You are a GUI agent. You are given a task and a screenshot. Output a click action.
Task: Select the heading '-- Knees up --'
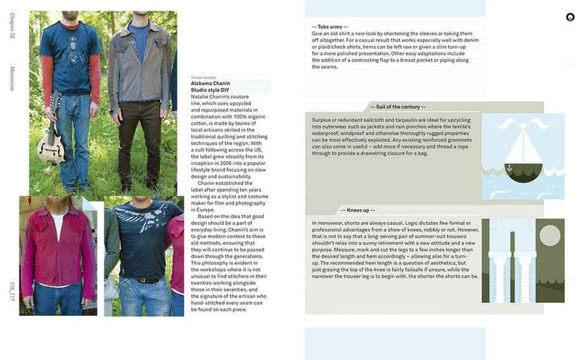[x=358, y=210]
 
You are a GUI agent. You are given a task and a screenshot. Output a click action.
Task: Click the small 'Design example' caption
[x=201, y=77]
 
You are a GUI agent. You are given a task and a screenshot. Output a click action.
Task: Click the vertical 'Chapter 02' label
[x=12, y=28]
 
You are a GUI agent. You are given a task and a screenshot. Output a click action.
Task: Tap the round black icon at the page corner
[x=570, y=17]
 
